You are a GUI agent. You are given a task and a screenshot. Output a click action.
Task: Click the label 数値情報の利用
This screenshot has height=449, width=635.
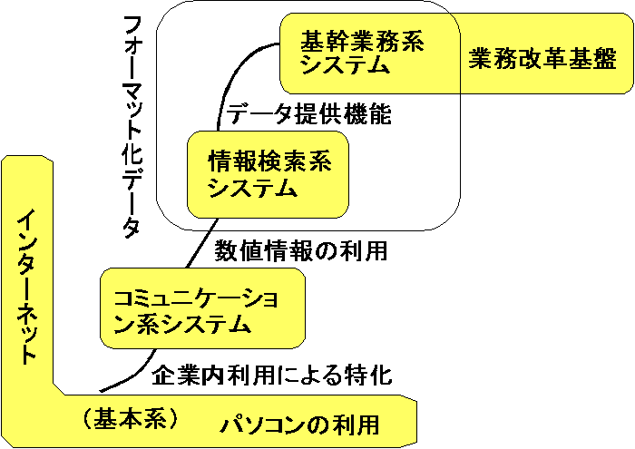pyautogui.click(x=300, y=251)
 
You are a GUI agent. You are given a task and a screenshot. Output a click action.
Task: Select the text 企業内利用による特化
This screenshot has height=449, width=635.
pyautogui.click(x=272, y=373)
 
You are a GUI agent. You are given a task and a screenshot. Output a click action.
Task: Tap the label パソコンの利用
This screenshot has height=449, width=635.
pyautogui.click(x=299, y=424)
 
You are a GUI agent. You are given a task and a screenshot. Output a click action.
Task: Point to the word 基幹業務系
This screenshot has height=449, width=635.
pyautogui.click(x=363, y=41)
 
